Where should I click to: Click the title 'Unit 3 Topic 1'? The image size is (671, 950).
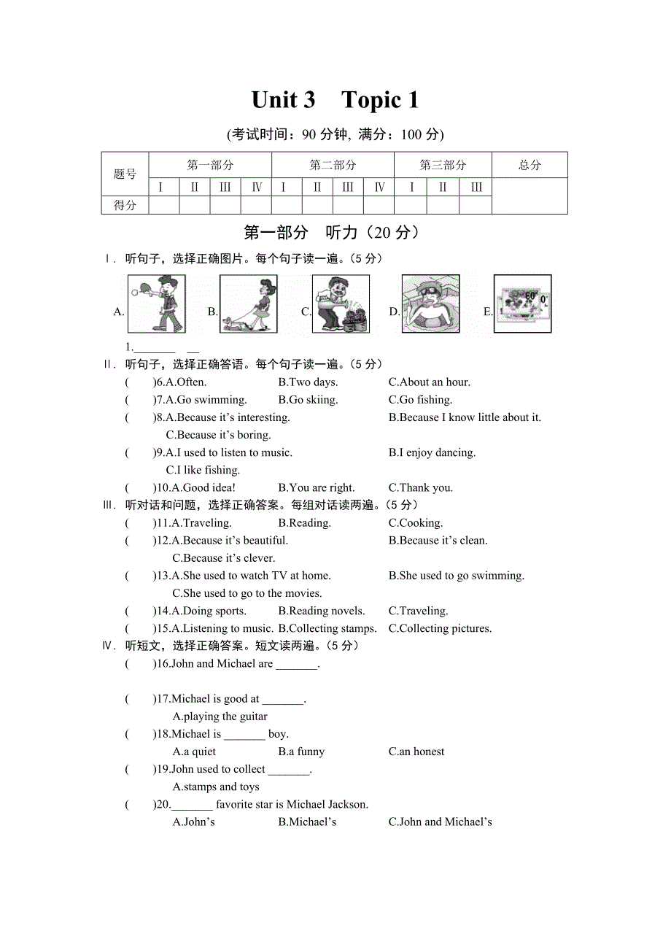(x=335, y=100)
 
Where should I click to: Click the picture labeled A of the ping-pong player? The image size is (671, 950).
(x=157, y=304)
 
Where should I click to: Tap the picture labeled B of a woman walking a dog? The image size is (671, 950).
(x=248, y=304)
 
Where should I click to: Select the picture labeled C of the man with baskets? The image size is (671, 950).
(x=341, y=304)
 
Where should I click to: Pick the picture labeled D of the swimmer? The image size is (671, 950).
(x=430, y=304)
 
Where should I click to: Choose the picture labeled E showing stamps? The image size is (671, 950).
(x=522, y=304)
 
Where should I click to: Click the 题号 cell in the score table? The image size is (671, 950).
(x=125, y=174)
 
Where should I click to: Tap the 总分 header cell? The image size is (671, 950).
(x=530, y=165)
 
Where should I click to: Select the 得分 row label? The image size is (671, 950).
(x=125, y=206)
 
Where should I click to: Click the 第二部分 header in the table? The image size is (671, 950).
(x=333, y=165)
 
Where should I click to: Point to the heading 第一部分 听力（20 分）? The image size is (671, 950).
(x=331, y=233)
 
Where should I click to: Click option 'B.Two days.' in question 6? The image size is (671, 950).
(x=308, y=382)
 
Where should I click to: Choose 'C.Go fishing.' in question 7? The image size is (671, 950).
(x=420, y=400)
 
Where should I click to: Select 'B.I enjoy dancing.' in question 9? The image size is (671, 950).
(x=432, y=452)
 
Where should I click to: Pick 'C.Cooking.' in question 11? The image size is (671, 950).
(x=416, y=523)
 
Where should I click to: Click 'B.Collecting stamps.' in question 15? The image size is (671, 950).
(x=327, y=628)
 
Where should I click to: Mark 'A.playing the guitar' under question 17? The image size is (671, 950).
(x=220, y=717)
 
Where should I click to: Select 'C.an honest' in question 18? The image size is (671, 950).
(x=416, y=752)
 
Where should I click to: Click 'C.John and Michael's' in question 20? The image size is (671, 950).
(x=440, y=822)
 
